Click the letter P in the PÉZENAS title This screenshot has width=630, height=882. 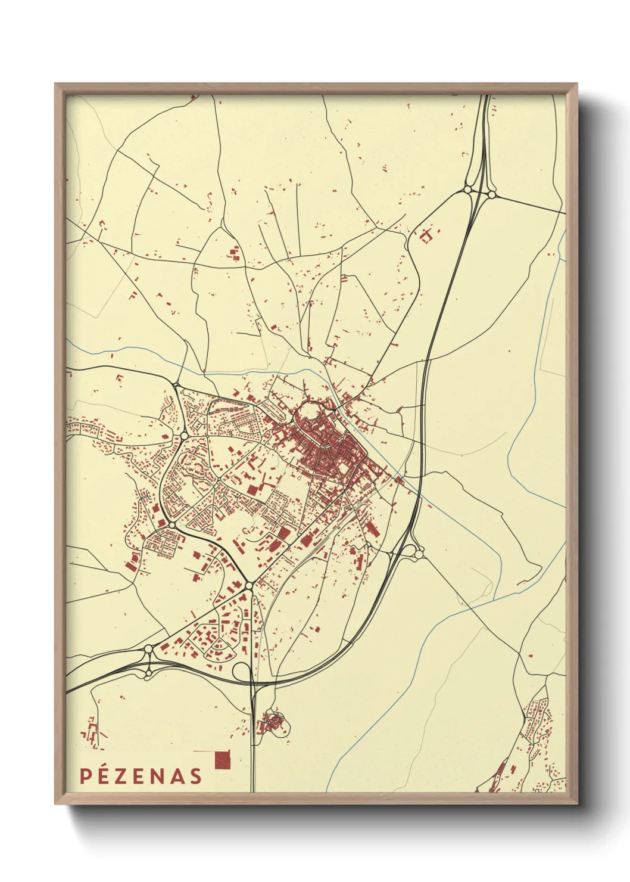pyautogui.click(x=85, y=776)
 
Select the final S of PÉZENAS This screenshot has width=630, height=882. pyautogui.click(x=195, y=776)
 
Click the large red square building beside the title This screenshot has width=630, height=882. pyautogui.click(x=222, y=759)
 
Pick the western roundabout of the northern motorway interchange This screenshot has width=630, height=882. pyautogui.click(x=467, y=190)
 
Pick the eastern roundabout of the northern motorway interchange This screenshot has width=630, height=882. pyautogui.click(x=492, y=194)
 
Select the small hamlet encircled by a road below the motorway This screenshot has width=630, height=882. pyautogui.click(x=275, y=723)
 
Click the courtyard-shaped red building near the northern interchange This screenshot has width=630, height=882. pyautogui.click(x=426, y=235)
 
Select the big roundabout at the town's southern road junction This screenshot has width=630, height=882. pyautogui.click(x=248, y=585)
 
